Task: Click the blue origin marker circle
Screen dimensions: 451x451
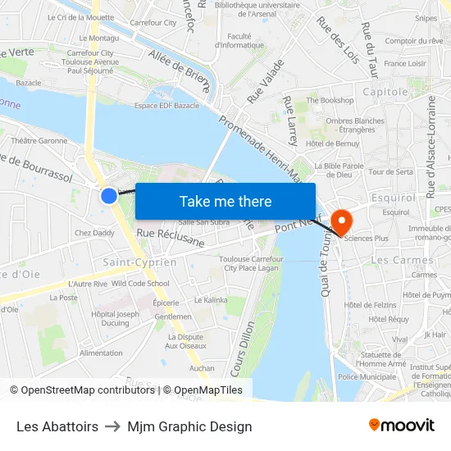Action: pos(109,195)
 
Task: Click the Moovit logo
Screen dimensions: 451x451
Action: pos(402,425)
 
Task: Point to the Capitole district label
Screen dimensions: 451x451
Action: pos(385,92)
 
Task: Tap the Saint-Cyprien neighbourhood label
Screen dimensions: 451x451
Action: pos(139,262)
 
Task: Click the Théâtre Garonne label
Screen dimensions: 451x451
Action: pos(39,141)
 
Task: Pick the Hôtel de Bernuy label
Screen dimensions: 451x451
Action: pos(332,144)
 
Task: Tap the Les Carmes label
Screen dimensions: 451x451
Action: pos(402,260)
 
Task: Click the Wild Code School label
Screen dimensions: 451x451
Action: pos(140,284)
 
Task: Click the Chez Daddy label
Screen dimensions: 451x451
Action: pos(94,233)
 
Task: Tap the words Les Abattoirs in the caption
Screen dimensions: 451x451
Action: pos(57,426)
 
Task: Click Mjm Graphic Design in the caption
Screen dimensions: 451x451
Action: pos(189,426)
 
